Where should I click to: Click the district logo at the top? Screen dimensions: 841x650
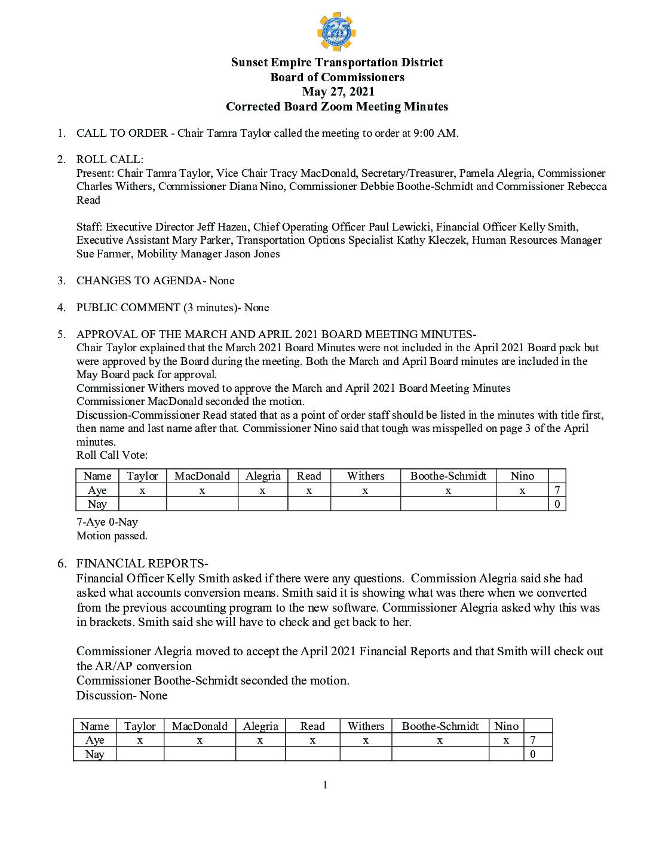[336, 32]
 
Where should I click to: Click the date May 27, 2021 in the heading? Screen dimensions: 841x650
[338, 91]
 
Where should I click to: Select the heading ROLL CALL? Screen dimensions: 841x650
[110, 159]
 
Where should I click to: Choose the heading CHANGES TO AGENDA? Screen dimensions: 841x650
[139, 281]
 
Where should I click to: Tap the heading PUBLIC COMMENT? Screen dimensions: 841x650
[128, 308]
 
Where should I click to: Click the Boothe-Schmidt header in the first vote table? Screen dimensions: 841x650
[448, 476]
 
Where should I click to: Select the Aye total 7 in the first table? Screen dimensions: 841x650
[557, 490]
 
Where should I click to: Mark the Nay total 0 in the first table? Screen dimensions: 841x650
[557, 504]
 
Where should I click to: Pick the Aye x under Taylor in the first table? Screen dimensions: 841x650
[142, 490]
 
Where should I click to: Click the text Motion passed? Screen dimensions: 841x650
[112, 536]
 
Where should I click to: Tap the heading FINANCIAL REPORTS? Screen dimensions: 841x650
[140, 563]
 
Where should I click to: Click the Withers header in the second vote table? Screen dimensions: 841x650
[366, 726]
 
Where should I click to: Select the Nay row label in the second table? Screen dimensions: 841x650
[95, 754]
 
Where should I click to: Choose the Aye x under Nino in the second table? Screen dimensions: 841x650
[506, 740]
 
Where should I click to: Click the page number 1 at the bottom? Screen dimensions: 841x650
[325, 785]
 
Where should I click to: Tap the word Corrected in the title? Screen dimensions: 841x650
[252, 107]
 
